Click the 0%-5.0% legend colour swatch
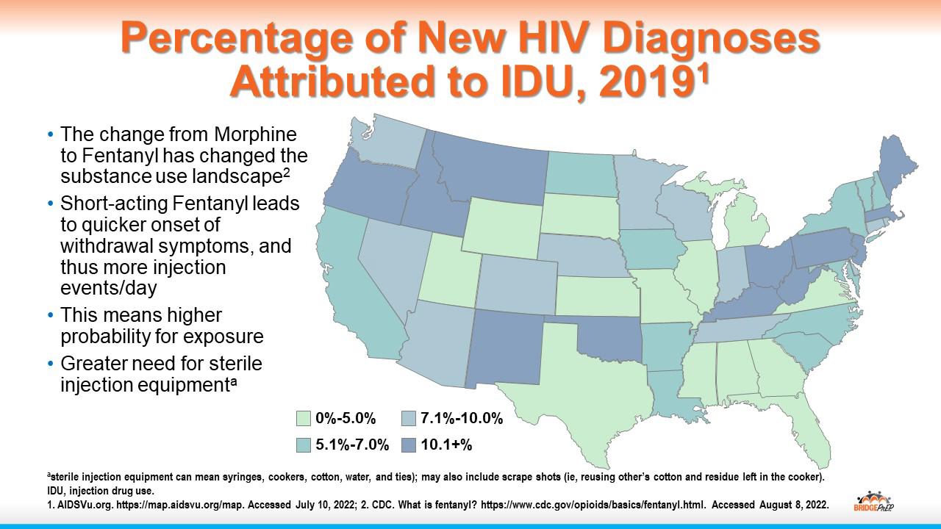point(303,419)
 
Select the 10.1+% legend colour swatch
point(409,445)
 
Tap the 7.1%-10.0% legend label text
point(462,419)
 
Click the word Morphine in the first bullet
point(255,135)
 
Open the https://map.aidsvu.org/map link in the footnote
point(161,505)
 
